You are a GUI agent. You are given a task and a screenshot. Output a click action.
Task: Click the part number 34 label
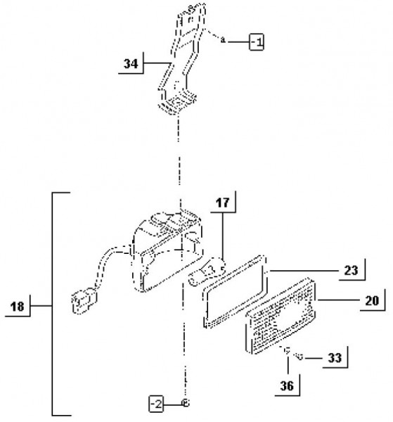[131, 64]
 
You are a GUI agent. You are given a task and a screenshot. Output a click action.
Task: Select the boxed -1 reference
[257, 41]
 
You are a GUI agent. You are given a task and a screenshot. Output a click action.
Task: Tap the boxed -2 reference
[156, 404]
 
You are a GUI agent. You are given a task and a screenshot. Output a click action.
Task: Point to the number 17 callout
[222, 203]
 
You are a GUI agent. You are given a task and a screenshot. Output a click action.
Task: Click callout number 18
[17, 307]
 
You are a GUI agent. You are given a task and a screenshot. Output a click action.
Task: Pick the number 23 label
[351, 271]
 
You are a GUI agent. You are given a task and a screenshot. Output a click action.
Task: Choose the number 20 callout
[372, 300]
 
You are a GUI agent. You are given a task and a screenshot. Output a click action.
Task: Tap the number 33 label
[335, 358]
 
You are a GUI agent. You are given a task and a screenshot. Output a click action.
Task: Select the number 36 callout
[287, 386]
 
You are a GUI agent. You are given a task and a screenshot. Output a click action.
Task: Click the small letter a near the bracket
[223, 40]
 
